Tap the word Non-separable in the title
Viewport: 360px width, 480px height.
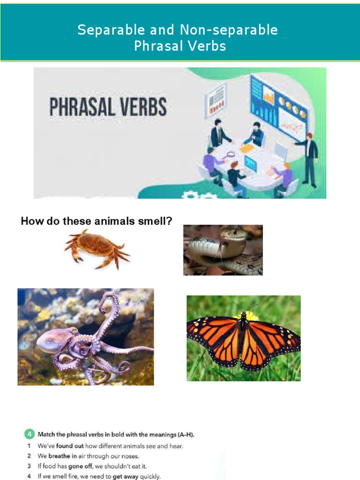click(228, 30)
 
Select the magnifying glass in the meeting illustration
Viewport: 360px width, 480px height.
click(230, 154)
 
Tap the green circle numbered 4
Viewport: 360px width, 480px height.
click(28, 434)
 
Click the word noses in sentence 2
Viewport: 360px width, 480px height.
click(129, 456)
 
